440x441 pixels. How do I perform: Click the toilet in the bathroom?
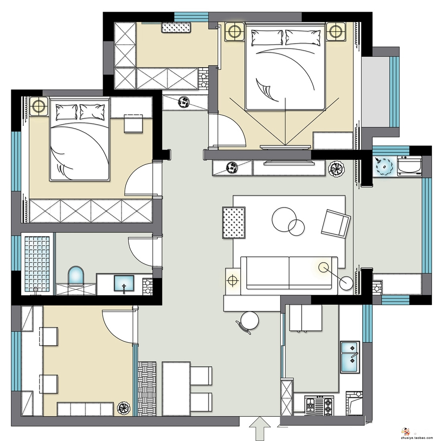(76, 276)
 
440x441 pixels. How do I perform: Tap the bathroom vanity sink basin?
(124, 283)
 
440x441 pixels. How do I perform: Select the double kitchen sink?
(350, 357)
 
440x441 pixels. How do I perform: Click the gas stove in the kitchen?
(319, 406)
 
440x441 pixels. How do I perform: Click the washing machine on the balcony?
(410, 166)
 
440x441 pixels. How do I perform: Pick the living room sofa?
(289, 275)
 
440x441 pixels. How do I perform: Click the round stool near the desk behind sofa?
(249, 321)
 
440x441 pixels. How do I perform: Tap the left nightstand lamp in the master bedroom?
(235, 32)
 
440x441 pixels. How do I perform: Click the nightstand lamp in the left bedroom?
(39, 106)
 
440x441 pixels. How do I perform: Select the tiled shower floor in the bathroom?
(37, 263)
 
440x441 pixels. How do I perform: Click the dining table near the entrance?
(176, 389)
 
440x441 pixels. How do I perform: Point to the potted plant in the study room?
(124, 408)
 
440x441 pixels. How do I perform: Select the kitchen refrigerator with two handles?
(306, 318)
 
